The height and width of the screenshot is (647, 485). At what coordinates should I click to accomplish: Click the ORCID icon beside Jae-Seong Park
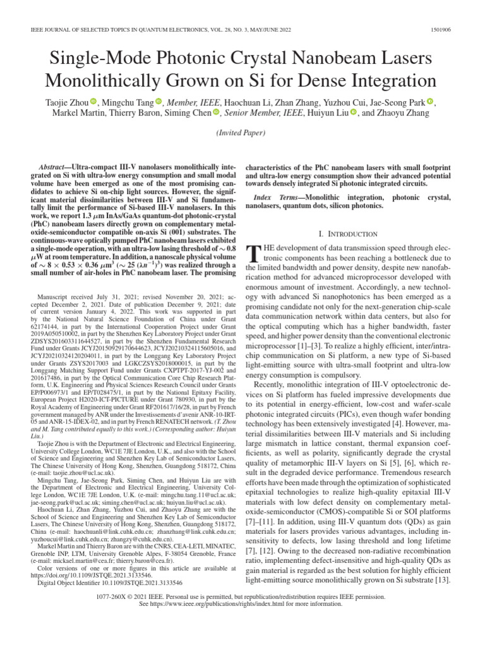430,101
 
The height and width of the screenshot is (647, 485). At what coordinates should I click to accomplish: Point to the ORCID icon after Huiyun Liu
354,113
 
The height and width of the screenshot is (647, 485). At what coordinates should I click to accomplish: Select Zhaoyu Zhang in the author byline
404,113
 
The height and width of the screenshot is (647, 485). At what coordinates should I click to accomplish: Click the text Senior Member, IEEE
263,113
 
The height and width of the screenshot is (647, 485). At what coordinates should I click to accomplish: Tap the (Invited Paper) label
242,133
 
